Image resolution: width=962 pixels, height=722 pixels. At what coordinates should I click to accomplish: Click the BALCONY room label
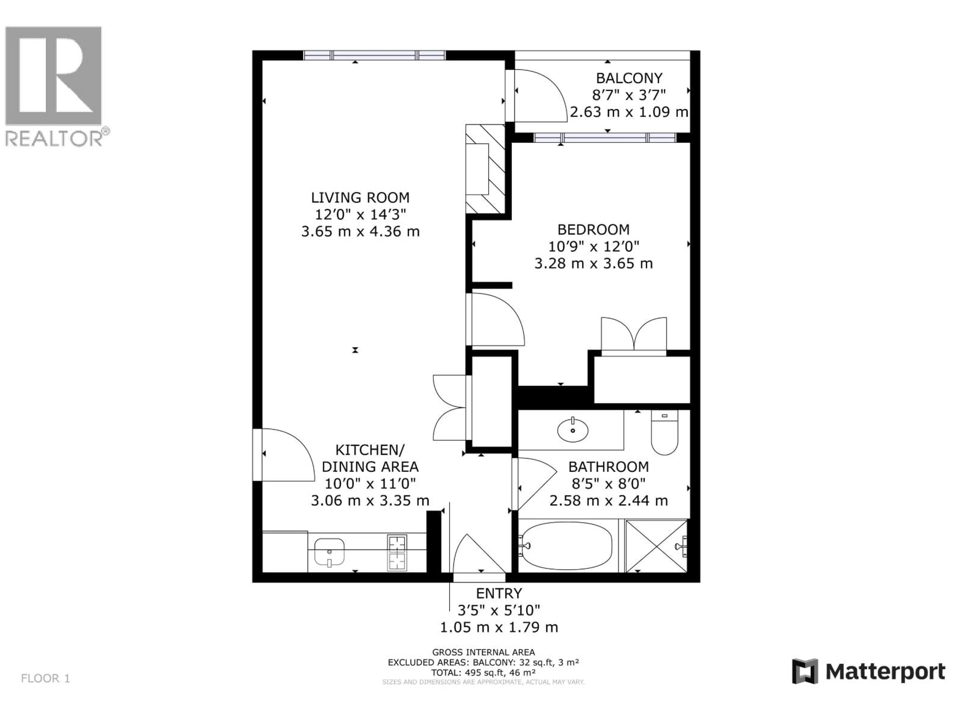[x=629, y=78]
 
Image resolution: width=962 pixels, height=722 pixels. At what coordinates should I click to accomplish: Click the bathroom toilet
[x=664, y=433]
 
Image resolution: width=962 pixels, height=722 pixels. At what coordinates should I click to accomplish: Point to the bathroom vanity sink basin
[x=573, y=430]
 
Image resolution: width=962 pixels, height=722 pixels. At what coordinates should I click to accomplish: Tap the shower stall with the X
[x=656, y=546]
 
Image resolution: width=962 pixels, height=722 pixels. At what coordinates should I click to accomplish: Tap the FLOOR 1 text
[x=45, y=678]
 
